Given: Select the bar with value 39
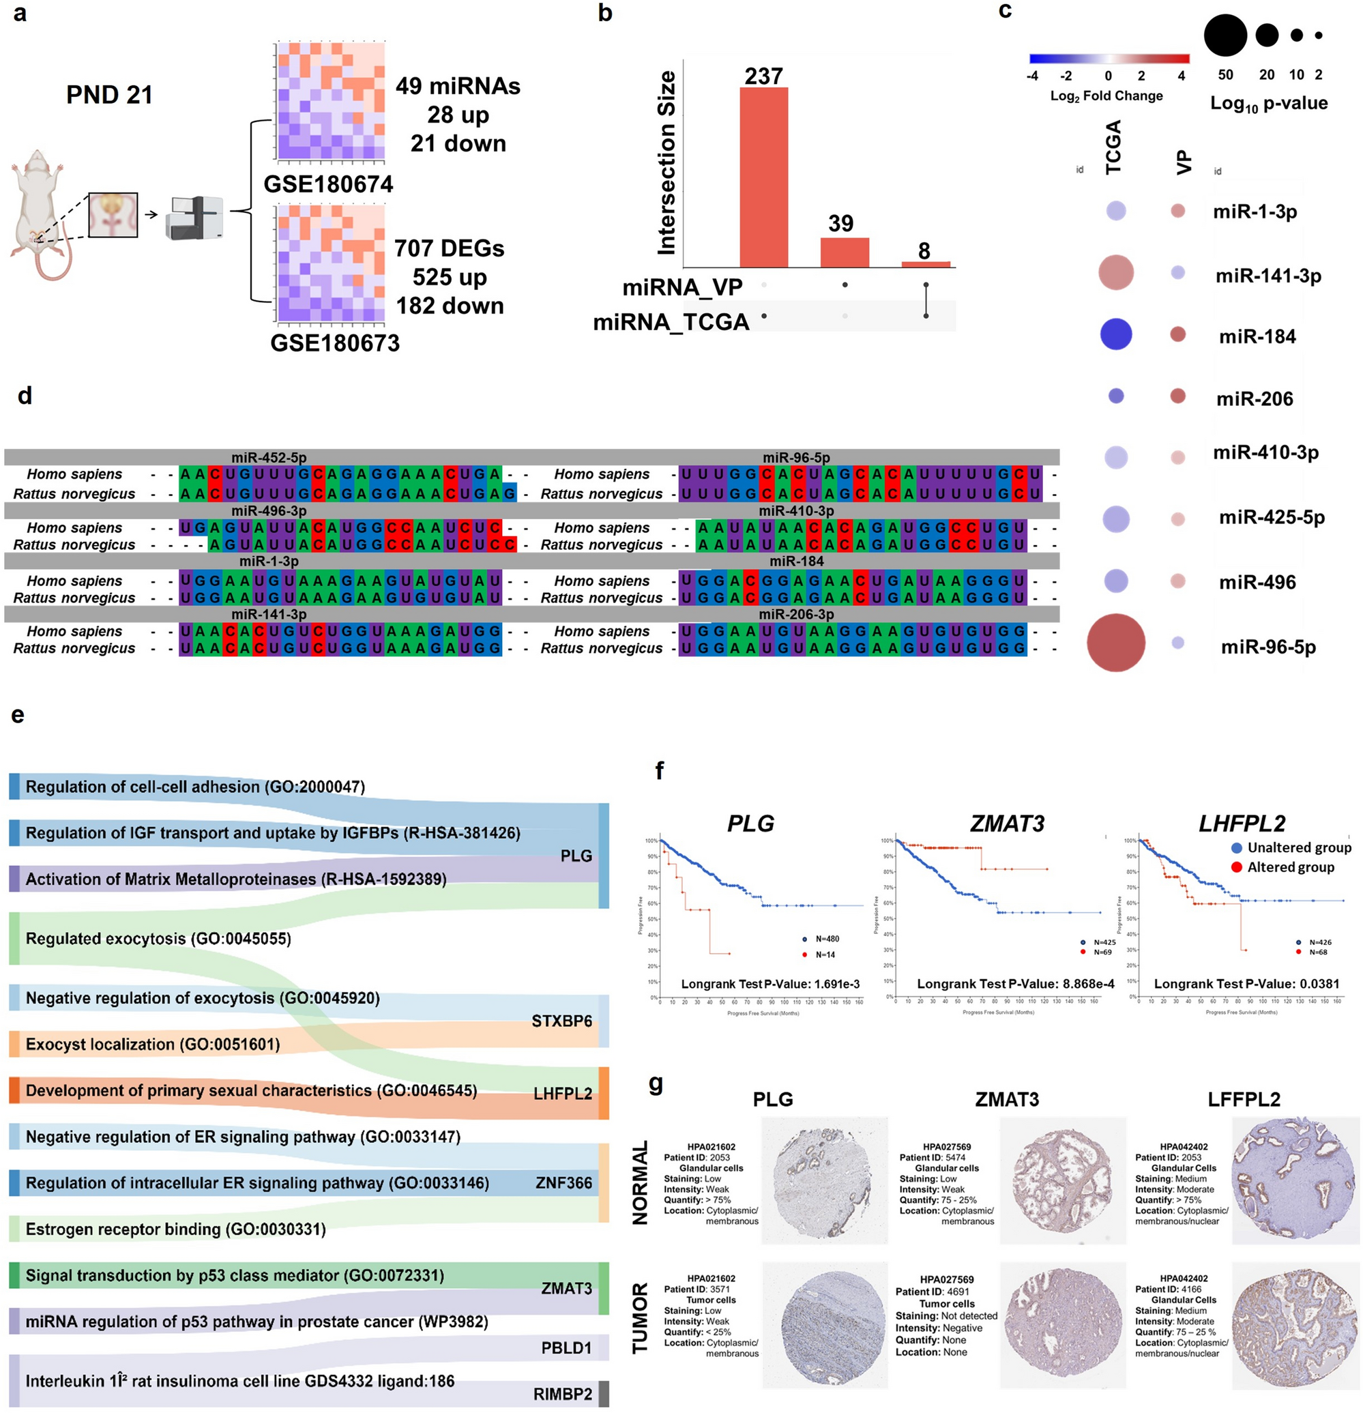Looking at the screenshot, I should (844, 252).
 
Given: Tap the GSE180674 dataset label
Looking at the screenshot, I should (328, 184).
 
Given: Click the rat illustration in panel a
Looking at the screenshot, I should (42, 213).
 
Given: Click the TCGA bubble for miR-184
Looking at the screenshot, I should (1116, 334).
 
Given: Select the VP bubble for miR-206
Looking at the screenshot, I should (1177, 396).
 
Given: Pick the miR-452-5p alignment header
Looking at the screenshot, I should (269, 457).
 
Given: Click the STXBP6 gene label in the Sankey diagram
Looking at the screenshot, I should (561, 1021).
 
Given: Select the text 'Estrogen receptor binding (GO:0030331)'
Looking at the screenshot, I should (175, 1229).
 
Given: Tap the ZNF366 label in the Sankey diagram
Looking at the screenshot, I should (563, 1183).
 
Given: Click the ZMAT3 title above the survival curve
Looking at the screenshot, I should (1007, 824).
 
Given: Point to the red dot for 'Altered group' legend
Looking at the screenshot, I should (1236, 867).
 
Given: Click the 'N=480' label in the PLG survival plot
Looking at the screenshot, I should (827, 939).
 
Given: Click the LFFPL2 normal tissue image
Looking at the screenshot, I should (1295, 1181).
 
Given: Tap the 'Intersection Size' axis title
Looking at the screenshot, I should (666, 163).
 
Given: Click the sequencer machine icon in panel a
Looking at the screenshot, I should (194, 218).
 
